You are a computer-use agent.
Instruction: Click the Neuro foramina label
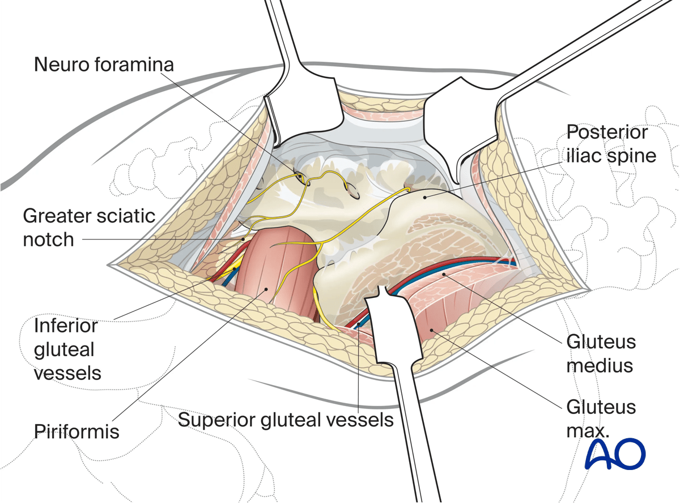(104, 64)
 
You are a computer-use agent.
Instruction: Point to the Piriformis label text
(76, 432)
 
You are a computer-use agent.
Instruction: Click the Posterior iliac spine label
(611, 144)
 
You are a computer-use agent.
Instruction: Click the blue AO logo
(615, 454)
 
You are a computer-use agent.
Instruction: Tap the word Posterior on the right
(607, 133)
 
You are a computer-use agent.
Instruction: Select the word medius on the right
(600, 366)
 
